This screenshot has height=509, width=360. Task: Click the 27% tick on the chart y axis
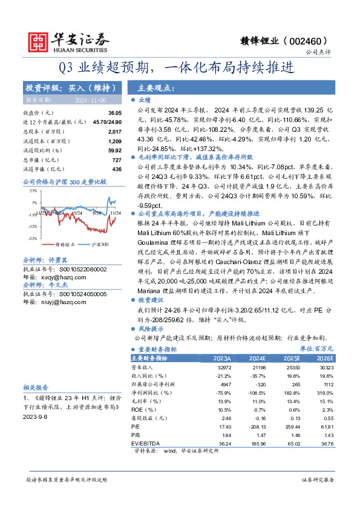pyautogui.click(x=30, y=190)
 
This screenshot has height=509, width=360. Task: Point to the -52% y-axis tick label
pyautogui.click(x=28, y=239)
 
